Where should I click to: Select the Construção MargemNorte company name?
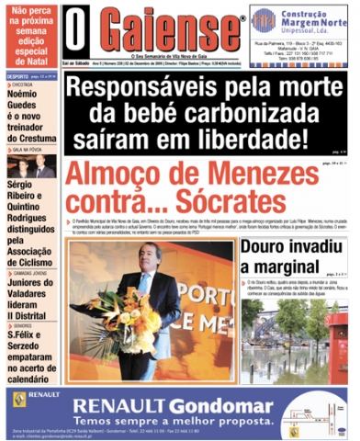(312, 22)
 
